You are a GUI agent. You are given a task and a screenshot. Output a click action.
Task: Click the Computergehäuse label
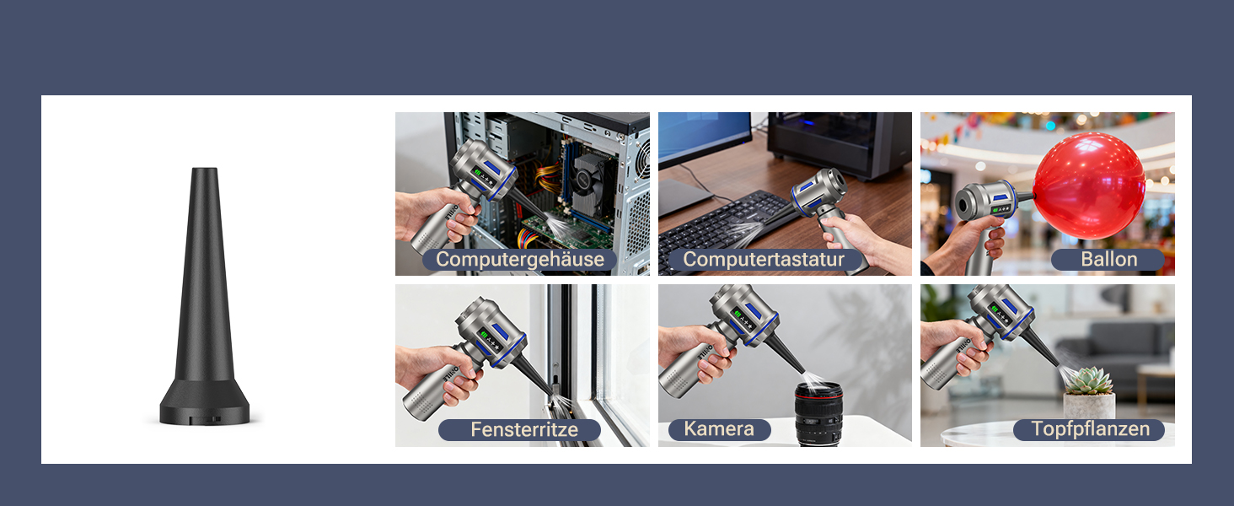pos(520,259)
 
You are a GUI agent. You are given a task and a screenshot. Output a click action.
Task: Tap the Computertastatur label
pos(764,259)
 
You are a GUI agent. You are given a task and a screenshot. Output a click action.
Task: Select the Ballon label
pos(1108,259)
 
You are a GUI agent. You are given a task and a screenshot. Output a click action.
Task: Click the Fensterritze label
pos(524,429)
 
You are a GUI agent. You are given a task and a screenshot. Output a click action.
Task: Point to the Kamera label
pos(719,428)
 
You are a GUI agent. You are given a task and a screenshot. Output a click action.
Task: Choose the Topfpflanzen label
pos(1090,428)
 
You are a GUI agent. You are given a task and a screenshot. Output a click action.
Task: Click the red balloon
pos(1089,186)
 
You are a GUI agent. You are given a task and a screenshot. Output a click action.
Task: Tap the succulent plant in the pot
pos(1088,381)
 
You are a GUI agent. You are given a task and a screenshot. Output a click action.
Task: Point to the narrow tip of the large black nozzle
pos(204,170)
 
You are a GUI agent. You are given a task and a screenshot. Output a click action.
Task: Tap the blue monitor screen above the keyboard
pos(705,136)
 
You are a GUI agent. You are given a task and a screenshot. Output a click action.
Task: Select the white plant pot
pos(1089,406)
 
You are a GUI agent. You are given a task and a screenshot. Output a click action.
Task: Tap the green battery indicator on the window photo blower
pos(484,335)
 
